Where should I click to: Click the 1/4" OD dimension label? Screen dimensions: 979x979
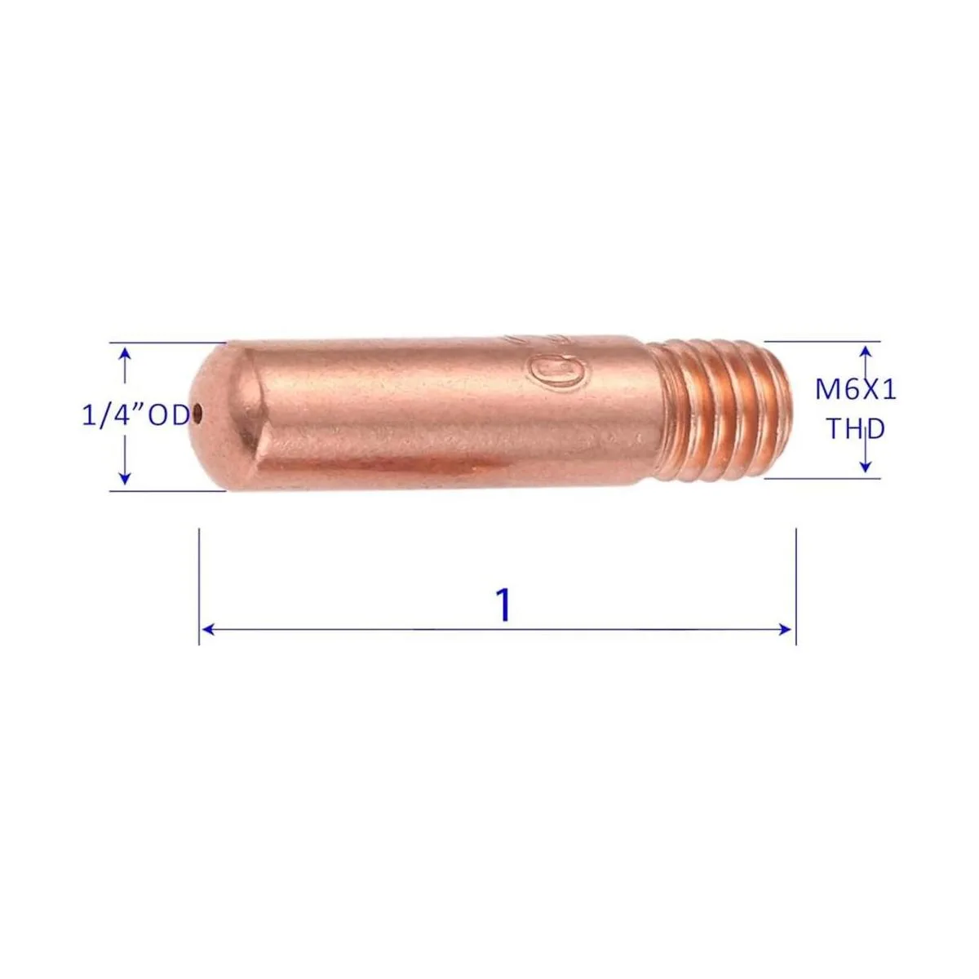pos(136,416)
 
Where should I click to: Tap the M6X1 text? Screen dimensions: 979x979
pos(856,390)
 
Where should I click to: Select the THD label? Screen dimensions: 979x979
pos(857,429)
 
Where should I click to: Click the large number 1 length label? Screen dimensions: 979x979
pos(503,605)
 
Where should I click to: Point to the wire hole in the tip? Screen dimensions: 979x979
pos(197,414)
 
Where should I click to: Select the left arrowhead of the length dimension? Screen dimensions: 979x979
pos(208,630)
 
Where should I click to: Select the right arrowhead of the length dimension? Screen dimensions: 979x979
pos(785,630)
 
